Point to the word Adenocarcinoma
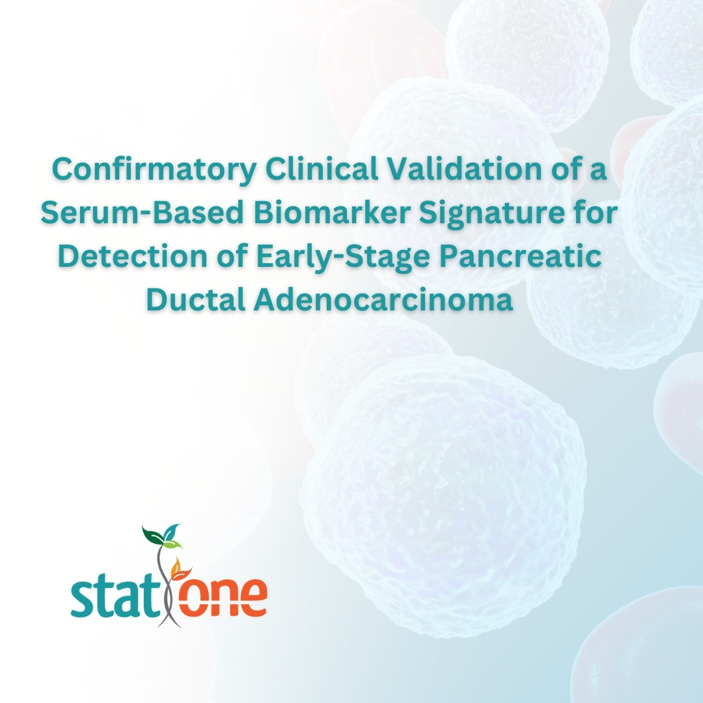point(383,300)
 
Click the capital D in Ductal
point(158,300)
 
